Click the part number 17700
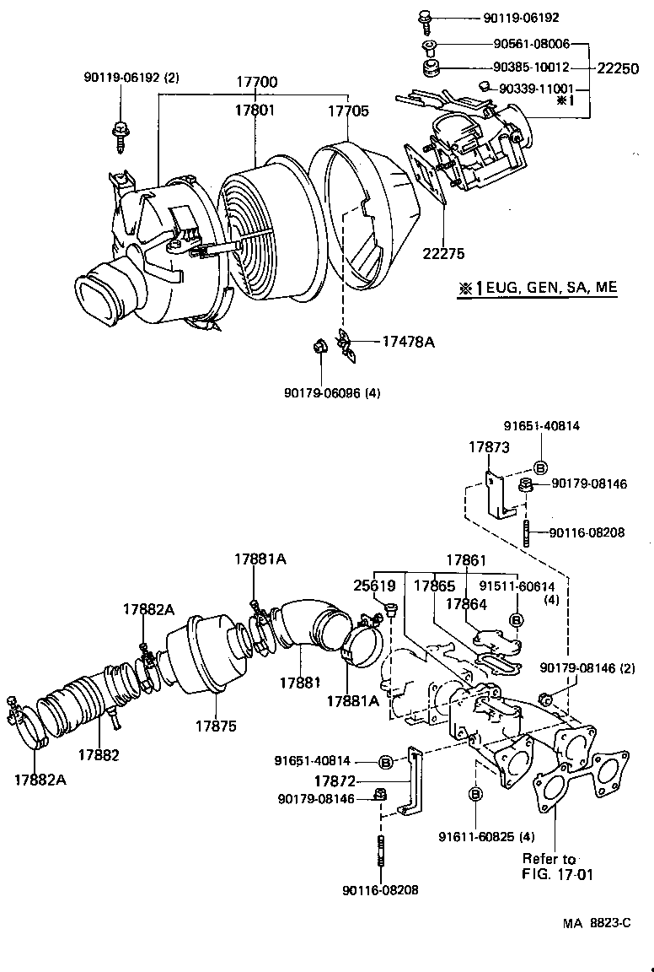pos(257,82)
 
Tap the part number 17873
pos(489,448)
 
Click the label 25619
pos(374,585)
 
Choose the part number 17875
pos(217,725)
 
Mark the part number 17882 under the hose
pos(99,753)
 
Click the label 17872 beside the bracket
pos(335,781)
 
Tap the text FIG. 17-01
pos(558,874)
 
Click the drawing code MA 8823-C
pos(597,923)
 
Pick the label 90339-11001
pos(536,88)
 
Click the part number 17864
pos(466,603)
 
